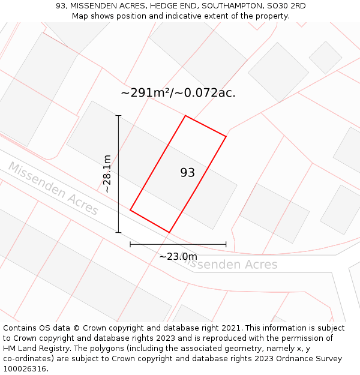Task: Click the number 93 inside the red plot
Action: [187, 173]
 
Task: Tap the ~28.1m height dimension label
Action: [107, 173]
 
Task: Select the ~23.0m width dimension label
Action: [178, 257]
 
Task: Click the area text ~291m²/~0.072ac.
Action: [178, 93]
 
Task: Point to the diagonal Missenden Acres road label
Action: [53, 188]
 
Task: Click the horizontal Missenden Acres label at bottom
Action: [230, 264]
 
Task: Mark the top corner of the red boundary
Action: [185, 116]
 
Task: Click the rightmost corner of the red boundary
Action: [226, 137]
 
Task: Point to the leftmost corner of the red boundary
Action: [130, 210]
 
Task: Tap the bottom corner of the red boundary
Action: [169, 232]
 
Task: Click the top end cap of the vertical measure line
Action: [118, 115]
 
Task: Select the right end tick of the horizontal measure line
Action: [226, 244]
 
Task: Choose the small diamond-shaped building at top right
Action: [325, 58]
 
